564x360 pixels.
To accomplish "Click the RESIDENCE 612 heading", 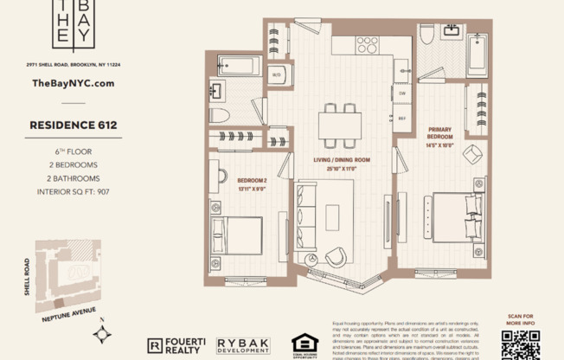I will [x=74, y=125].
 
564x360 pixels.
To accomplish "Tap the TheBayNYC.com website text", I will [x=73, y=83].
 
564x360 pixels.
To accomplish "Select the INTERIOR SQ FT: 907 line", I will [x=74, y=191].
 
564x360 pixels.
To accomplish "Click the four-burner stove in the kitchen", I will [x=367, y=43].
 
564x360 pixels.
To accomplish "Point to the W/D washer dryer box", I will [x=277, y=75].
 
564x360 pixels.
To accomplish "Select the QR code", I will [x=520, y=344].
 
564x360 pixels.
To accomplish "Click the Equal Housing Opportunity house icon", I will [x=304, y=344].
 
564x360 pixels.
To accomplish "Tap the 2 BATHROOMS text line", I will [x=74, y=177].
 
